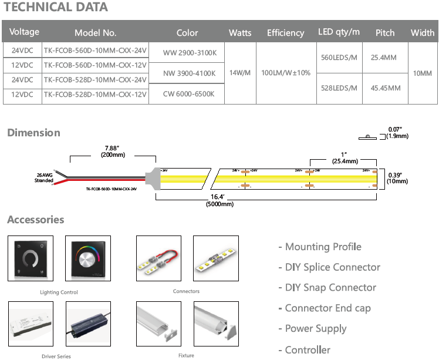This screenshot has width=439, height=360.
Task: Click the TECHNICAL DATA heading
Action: [56, 8]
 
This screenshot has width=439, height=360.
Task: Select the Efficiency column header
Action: [285, 33]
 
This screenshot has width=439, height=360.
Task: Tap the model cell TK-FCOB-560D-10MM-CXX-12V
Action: [95, 65]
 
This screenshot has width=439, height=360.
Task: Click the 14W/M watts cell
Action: [239, 73]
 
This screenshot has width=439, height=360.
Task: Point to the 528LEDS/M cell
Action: [339, 88]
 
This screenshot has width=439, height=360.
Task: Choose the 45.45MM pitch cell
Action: [386, 88]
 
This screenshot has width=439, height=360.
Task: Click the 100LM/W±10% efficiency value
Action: [285, 73]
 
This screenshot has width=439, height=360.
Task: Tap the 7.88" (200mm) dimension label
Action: [113, 152]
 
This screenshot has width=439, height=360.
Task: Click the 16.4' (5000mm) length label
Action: [219, 200]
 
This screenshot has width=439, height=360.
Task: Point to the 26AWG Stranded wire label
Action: [43, 177]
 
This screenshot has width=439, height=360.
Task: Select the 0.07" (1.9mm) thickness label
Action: [398, 132]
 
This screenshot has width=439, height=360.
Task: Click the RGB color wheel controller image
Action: [88, 258]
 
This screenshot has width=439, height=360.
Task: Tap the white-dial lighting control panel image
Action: [30, 258]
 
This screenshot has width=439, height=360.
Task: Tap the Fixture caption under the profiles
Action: [186, 355]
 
